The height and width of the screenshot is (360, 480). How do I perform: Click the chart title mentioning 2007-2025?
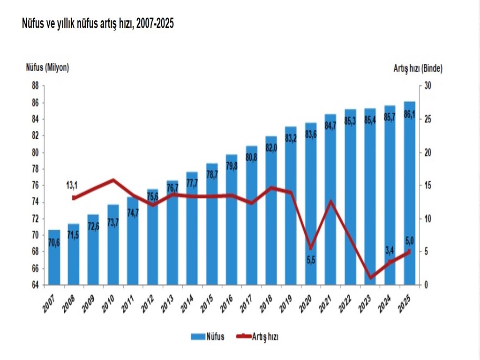(98, 24)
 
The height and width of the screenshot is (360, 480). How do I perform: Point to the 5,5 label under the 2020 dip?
(311, 259)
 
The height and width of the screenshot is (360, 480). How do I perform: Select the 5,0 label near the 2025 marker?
(409, 240)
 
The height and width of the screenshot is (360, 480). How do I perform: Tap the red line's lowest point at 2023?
(370, 278)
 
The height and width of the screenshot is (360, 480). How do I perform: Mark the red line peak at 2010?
(113, 180)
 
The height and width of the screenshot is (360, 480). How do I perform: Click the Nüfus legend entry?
(207, 336)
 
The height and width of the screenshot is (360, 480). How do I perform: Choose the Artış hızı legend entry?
(259, 336)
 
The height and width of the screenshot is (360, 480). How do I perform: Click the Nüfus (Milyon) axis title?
(47, 67)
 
